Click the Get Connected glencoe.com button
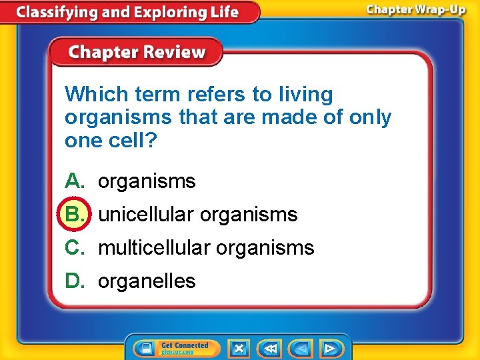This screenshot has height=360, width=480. [175, 348]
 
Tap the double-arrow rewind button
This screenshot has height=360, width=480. [270, 348]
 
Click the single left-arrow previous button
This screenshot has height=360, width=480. [301, 348]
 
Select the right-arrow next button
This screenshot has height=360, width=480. [330, 348]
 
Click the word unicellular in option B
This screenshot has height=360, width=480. [146, 214]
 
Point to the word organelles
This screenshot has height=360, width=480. [147, 281]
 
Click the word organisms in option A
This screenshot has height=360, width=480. [147, 181]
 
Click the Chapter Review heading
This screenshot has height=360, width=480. [137, 52]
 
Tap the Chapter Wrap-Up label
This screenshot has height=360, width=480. [415, 11]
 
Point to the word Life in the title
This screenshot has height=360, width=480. [223, 12]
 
